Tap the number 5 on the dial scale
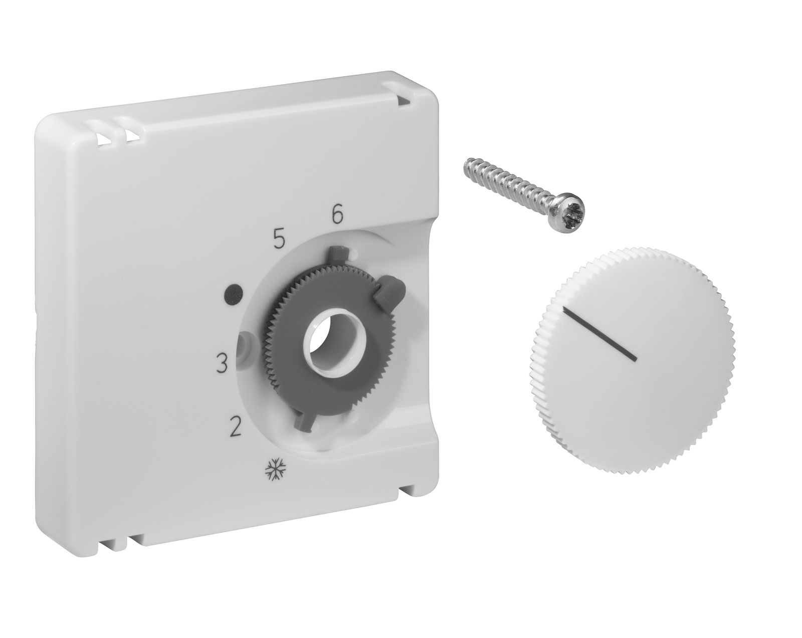pyautogui.click(x=279, y=240)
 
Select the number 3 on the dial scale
pyautogui.click(x=222, y=363)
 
